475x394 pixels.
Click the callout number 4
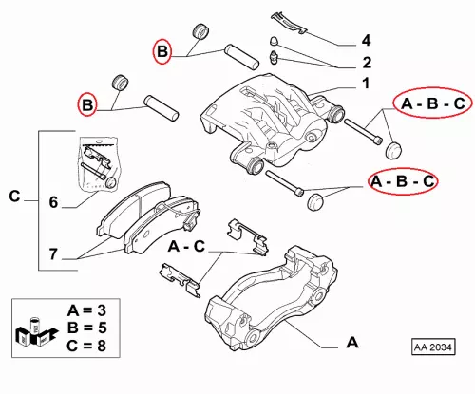tap(366, 41)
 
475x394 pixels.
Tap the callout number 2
tap(367, 63)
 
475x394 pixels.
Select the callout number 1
tap(366, 84)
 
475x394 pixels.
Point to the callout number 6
tap(53, 202)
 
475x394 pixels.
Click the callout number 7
tap(53, 253)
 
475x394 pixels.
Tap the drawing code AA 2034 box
tap(433, 347)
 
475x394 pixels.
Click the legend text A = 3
tap(86, 310)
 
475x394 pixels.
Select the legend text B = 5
tap(86, 328)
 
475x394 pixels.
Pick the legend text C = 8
tap(86, 346)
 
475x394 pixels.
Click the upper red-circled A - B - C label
tap(433, 103)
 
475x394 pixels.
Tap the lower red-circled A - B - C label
tap(403, 181)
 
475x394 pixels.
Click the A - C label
tap(186, 246)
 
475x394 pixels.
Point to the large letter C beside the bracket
tap(14, 197)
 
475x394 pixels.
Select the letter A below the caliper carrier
tap(352, 343)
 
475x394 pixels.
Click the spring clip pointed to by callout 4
tap(289, 22)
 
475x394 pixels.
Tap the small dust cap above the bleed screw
tap(274, 41)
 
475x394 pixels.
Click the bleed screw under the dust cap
tap(274, 57)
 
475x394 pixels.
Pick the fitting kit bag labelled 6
tap(98, 164)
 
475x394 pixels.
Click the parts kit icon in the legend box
tap(36, 332)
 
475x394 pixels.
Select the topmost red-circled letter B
tap(162, 51)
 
